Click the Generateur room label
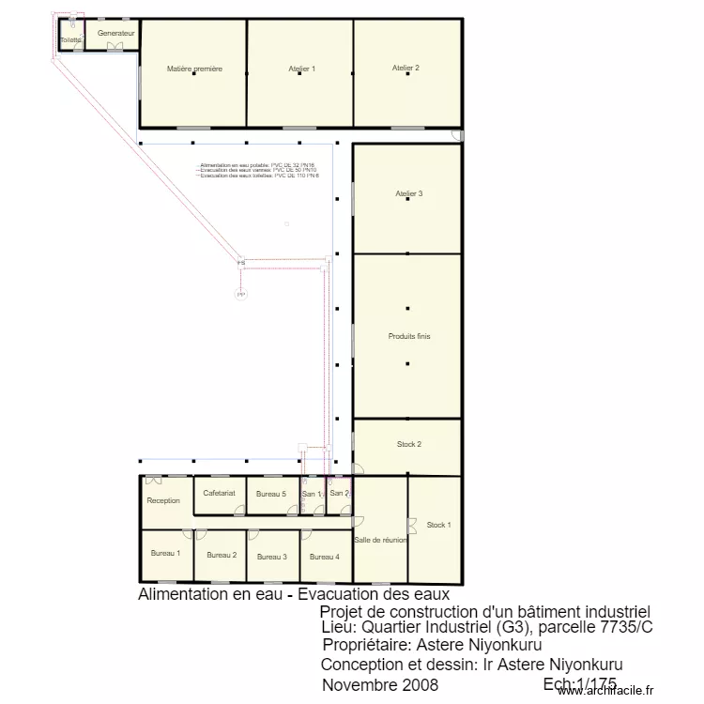click(x=116, y=33)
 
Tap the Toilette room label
click(x=70, y=40)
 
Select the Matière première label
click(x=194, y=69)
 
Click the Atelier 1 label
click(x=301, y=69)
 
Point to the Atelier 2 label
click(x=406, y=68)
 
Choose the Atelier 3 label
click(x=408, y=193)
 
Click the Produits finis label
click(x=409, y=336)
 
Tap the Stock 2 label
click(x=408, y=444)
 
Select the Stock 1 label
click(x=438, y=525)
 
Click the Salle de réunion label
click(x=380, y=540)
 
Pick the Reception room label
click(x=163, y=500)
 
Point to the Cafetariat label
click(x=219, y=493)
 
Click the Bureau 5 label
click(x=271, y=494)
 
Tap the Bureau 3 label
click(x=272, y=557)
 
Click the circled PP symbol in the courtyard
click(x=241, y=294)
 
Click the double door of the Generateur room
click(x=115, y=46)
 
